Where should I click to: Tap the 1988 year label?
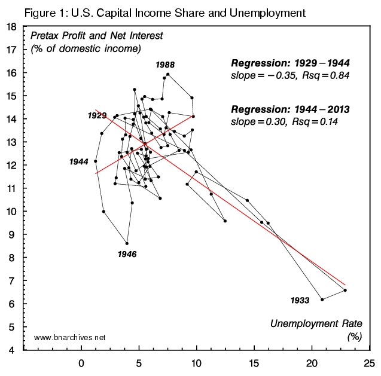tap(164, 64)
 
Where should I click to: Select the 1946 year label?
tap(127, 254)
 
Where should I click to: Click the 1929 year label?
tap(97, 115)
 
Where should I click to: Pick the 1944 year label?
tap(79, 161)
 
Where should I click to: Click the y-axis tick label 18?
tap(11, 27)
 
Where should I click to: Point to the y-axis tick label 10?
tap(11, 212)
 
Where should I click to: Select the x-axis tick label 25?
tap(369, 362)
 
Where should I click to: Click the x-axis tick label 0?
tap(81, 362)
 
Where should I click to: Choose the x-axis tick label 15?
tap(254, 362)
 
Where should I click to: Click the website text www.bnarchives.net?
tap(70, 338)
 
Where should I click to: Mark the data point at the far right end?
tap(345, 291)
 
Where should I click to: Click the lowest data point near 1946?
tap(127, 243)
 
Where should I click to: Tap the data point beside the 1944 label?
tap(96, 161)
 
